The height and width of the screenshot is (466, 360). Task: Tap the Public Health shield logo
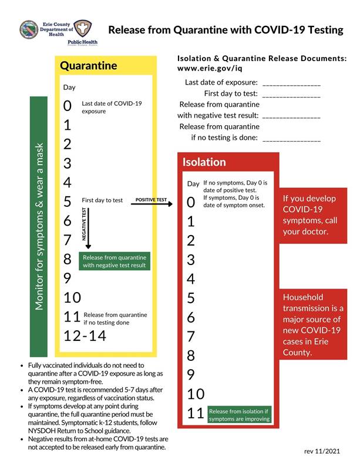click(x=82, y=28)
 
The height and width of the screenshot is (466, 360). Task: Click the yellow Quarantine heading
click(x=89, y=66)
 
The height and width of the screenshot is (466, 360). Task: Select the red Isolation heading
click(x=204, y=162)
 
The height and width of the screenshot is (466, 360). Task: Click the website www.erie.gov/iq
click(x=210, y=69)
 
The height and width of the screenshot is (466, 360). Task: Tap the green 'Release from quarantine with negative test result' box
click(x=115, y=262)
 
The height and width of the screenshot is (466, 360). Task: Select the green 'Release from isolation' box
click(x=240, y=415)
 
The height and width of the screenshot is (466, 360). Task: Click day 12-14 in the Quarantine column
click(x=85, y=336)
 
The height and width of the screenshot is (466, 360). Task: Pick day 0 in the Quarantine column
click(x=68, y=106)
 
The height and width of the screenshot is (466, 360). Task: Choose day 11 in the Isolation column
click(x=196, y=414)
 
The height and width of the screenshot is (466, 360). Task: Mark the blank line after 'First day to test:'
click(x=291, y=95)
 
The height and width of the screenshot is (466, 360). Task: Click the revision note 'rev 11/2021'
click(x=322, y=451)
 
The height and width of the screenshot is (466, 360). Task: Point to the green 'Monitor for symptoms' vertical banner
click(x=39, y=226)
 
